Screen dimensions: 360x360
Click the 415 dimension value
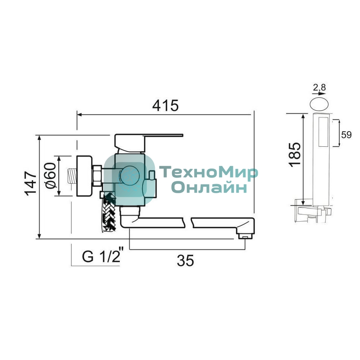coord(165,106)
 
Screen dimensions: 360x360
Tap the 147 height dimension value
coord(31,183)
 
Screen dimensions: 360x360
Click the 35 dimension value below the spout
coord(185,260)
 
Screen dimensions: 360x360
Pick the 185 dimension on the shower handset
coord(295,154)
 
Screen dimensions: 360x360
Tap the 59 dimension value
coord(346,135)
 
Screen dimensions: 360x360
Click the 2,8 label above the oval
coord(319,87)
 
